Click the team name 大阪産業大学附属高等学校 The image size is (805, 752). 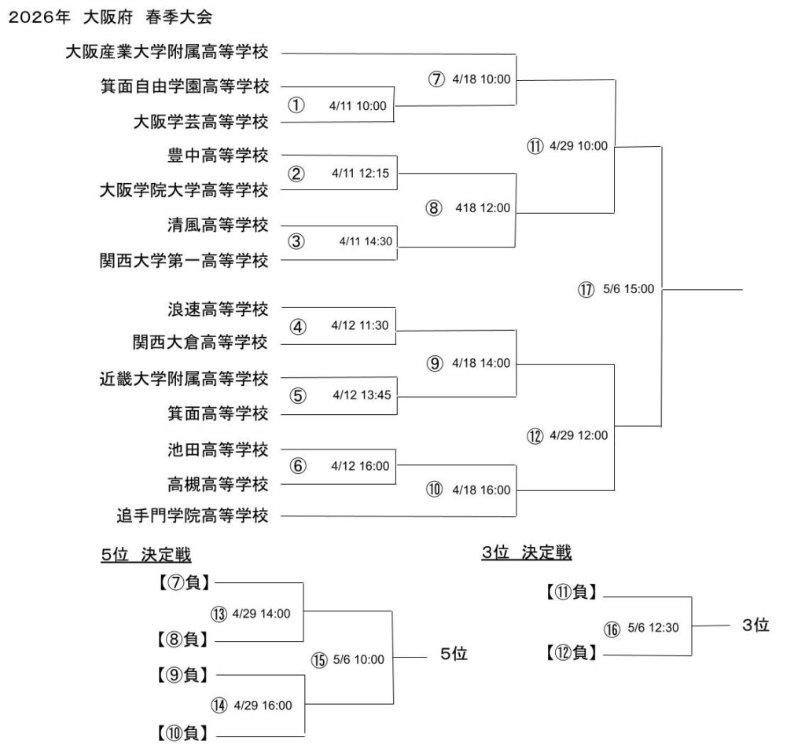[167, 53]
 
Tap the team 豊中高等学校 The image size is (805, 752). [218, 156]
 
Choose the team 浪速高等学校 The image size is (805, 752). [218, 309]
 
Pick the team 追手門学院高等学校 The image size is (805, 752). [193, 516]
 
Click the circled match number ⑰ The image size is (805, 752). [585, 290]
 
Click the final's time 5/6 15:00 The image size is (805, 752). [628, 290]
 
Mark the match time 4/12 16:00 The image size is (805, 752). [360, 466]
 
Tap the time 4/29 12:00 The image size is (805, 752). [579, 435]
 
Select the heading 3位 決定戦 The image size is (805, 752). [527, 553]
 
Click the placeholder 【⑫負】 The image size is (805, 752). [572, 652]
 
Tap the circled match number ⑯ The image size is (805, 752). [612, 628]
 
